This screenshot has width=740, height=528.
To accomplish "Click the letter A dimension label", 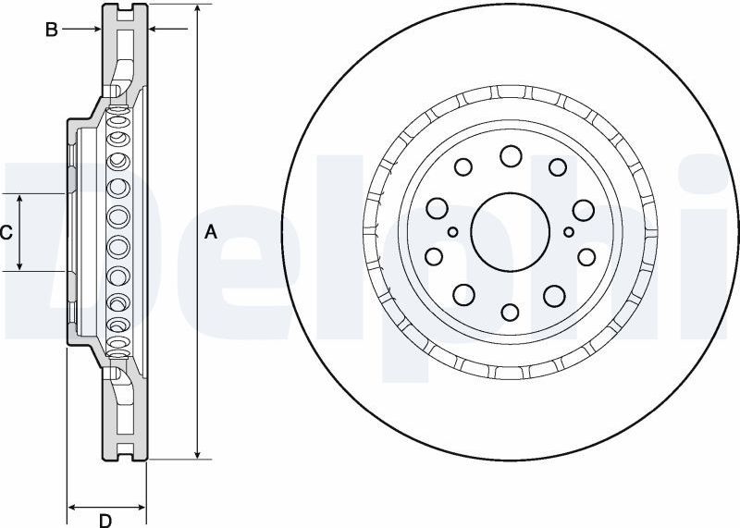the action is pos(211,232).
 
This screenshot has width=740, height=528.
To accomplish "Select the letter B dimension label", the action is pos(52,30).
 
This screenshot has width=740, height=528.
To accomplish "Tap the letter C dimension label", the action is pos(6,233).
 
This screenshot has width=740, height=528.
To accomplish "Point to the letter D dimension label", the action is pos(105,521).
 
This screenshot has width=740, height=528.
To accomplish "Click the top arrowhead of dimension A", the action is pos(198,10).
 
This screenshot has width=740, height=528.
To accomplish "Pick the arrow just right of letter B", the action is pos(81,30).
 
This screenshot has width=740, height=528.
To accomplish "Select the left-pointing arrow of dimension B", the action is pos(168,30).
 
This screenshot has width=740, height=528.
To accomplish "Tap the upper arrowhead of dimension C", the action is pos(19,201).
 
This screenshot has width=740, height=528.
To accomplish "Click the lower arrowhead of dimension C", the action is pos(19,264).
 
